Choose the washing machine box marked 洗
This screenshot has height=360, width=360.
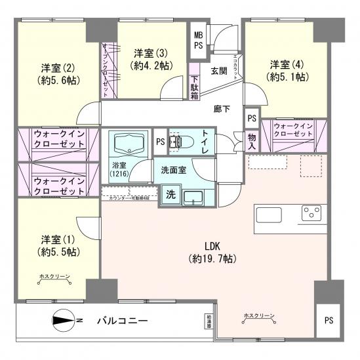[x=170, y=194]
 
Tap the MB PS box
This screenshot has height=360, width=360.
[x=197, y=40]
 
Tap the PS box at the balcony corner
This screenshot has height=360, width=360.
[x=328, y=321]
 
